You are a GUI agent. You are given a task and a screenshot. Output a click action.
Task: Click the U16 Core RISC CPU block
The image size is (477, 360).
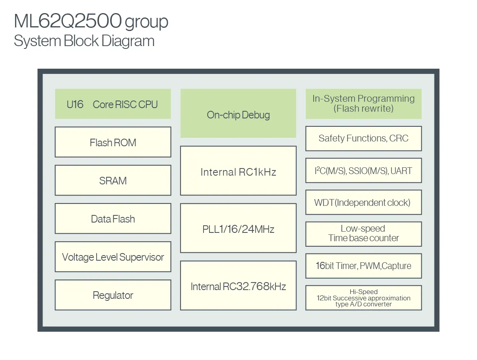pos(113,104)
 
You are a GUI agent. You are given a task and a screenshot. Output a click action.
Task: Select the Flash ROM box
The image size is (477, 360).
pos(113,142)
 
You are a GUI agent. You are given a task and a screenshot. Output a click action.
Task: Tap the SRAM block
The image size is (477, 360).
pos(113,180)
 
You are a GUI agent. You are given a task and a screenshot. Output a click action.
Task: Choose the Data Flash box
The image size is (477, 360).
pos(113,219)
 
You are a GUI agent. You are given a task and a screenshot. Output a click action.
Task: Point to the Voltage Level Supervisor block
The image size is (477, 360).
pos(113,257)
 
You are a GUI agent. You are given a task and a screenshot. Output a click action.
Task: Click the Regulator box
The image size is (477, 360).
pos(113,295)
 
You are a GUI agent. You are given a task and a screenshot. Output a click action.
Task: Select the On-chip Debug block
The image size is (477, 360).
pos(238,114)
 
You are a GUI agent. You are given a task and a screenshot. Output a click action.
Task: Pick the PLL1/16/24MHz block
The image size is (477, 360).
pos(238,228)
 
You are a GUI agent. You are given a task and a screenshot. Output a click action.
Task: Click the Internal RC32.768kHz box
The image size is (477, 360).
pos(238,286)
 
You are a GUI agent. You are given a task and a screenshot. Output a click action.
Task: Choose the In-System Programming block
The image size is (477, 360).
pos(363,103)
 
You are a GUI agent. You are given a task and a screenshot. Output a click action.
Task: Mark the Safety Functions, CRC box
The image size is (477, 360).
pos(363,138)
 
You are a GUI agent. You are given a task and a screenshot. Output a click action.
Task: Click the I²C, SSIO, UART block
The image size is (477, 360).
pos(363,170)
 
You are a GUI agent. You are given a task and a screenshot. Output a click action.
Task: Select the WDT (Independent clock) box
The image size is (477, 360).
pos(363,202)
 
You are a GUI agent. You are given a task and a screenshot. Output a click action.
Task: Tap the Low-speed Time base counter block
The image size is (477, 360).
pos(363,234)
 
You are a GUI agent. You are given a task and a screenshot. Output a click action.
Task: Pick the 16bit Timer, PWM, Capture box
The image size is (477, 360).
pos(363,266)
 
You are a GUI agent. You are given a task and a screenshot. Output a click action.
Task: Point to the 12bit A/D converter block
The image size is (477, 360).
pos(363,298)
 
